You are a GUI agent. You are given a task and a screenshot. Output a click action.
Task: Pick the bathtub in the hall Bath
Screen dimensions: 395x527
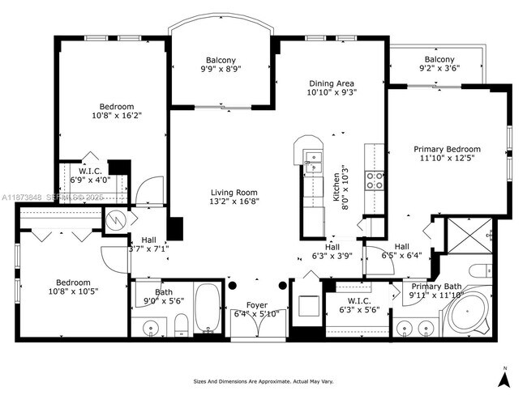[206, 309]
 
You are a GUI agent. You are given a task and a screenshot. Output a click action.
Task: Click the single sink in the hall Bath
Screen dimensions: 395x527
[149, 327]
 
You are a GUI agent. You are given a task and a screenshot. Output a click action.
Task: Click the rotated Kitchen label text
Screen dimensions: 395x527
[337, 183]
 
